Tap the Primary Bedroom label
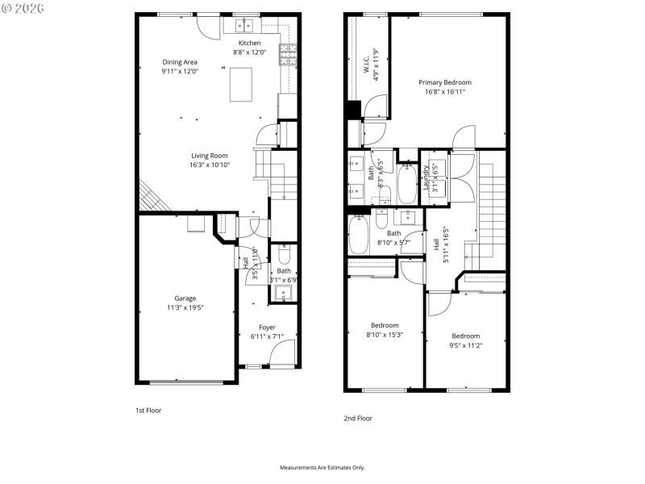click(444, 82)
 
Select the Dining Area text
click(180, 62)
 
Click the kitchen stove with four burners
click(288, 54)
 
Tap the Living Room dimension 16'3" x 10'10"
click(210, 165)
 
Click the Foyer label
click(267, 327)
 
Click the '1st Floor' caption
click(148, 411)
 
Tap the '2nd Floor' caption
click(358, 419)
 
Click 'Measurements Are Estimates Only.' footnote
click(322, 468)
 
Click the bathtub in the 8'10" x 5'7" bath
click(359, 234)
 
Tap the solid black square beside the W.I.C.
click(353, 109)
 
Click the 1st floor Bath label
click(284, 271)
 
